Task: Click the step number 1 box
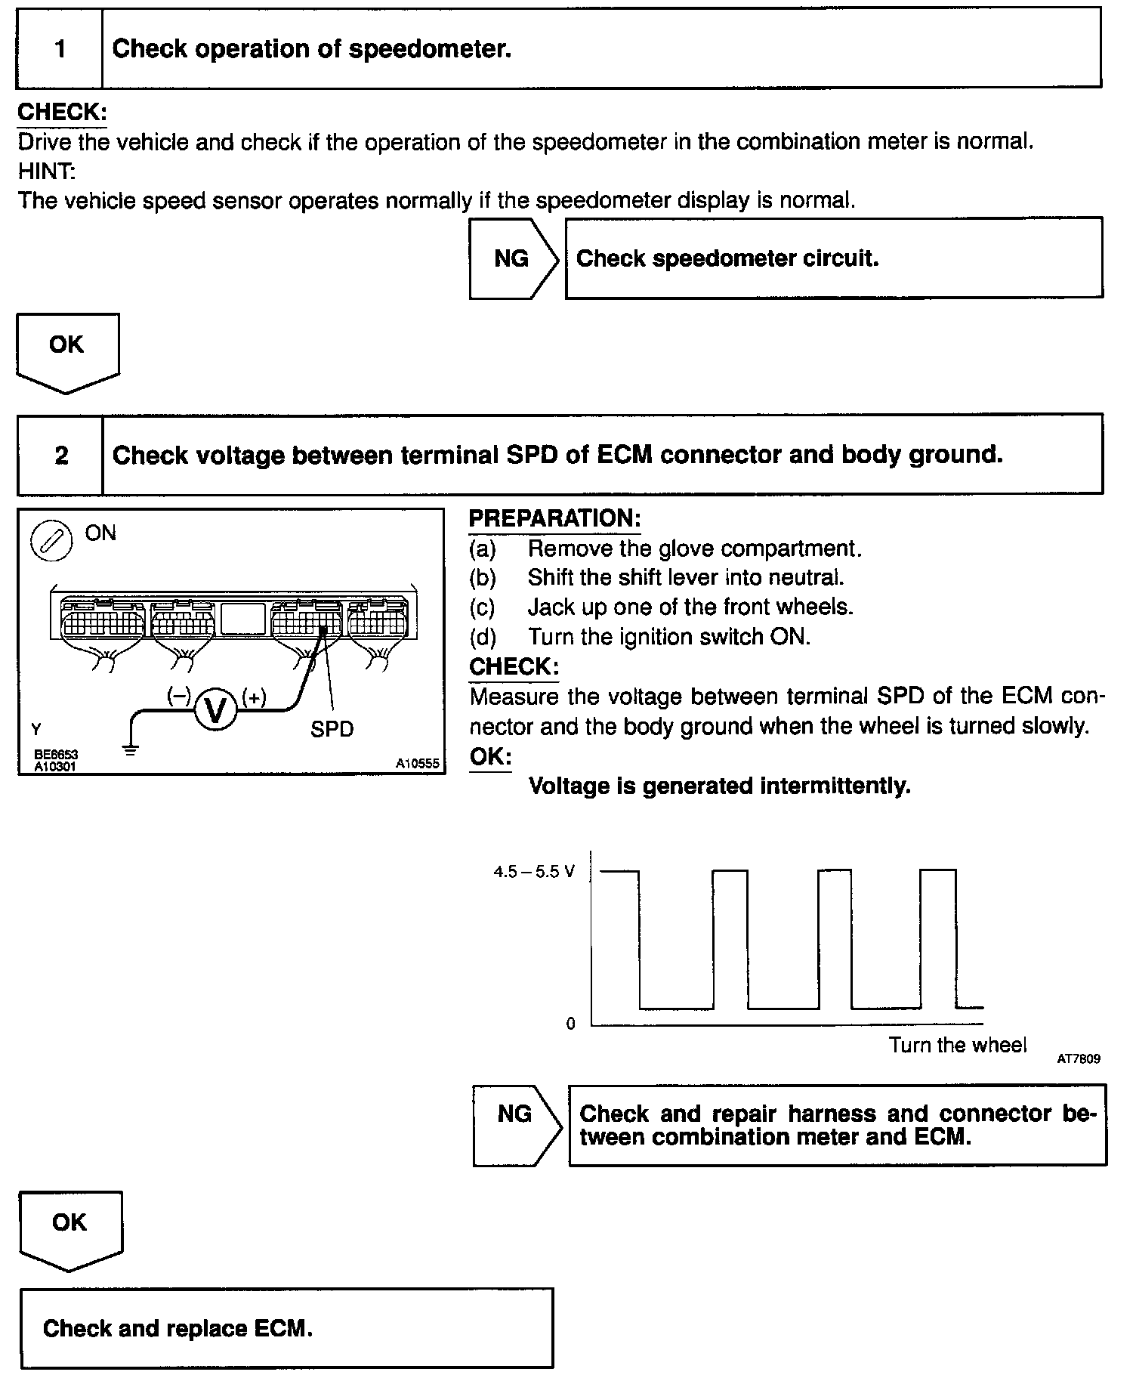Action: point(60,49)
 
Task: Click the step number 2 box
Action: point(61,455)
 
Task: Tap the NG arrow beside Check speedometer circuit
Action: point(513,258)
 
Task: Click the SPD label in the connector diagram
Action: point(332,729)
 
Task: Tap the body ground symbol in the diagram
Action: point(131,749)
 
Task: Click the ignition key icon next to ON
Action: point(51,541)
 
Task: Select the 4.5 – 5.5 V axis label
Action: point(534,872)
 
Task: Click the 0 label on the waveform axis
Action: point(571,1024)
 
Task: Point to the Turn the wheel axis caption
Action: point(957,1046)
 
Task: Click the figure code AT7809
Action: point(1079,1059)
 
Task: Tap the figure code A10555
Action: point(418,764)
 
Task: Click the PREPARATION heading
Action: point(554,519)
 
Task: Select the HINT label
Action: point(46,171)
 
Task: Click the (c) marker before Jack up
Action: point(482,607)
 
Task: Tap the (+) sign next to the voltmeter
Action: point(254,697)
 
